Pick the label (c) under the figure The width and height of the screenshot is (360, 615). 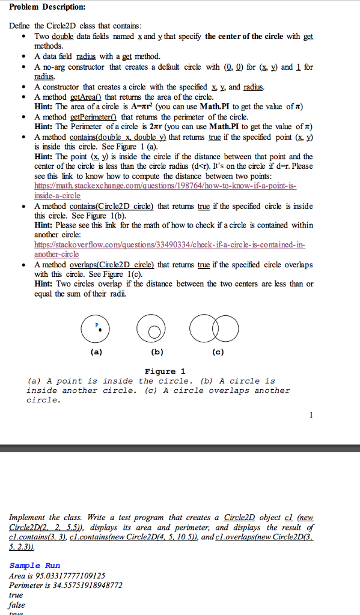(x=218, y=353)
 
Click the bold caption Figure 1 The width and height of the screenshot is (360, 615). (x=165, y=371)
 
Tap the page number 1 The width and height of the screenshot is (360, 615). (x=311, y=415)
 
